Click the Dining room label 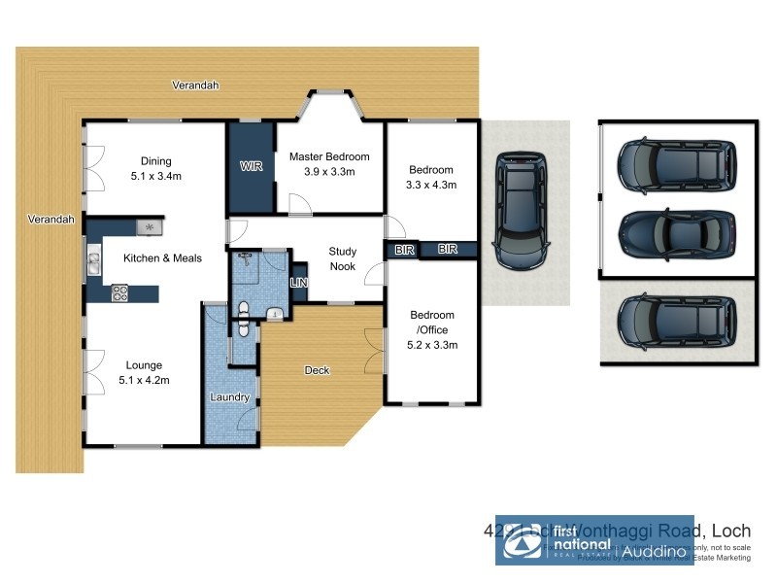pos(155,161)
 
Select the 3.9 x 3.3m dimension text pos(329,172)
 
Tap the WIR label pos(252,166)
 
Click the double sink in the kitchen pos(93,259)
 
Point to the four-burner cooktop pos(121,291)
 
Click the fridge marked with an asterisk pos(149,226)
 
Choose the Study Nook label pos(342,258)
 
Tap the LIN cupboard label pos(299,283)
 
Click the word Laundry pos(230,397)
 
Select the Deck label pos(317,370)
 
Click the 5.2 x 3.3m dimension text pos(432,345)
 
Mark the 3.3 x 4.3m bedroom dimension pos(431,185)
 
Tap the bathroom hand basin pos(276,313)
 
